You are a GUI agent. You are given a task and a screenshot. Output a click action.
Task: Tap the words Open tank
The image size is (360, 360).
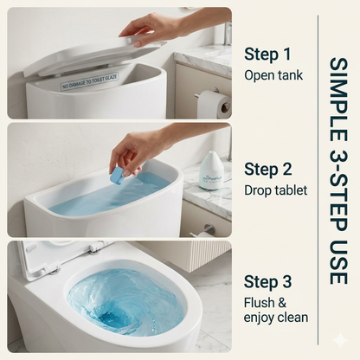[x=274, y=74]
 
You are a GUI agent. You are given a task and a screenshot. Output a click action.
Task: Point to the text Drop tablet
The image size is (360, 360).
[x=276, y=189]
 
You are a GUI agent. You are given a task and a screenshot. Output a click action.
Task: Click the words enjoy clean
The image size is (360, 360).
[x=276, y=318]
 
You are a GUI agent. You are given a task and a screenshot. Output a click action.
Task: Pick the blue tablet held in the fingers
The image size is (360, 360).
[x=116, y=175]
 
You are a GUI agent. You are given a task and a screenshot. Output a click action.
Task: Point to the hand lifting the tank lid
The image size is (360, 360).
[x=147, y=29]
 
